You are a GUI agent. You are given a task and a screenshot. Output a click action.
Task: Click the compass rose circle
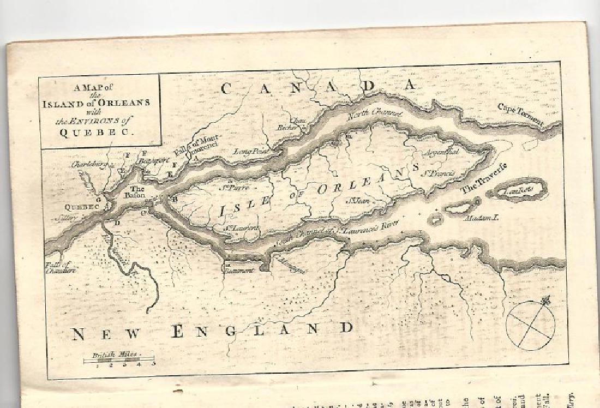coord(530,326)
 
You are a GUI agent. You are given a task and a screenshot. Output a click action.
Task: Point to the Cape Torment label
coord(520,114)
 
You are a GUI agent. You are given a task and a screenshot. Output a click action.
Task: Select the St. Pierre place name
coord(235,188)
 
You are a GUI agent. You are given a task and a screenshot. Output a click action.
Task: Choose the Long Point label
coord(249,151)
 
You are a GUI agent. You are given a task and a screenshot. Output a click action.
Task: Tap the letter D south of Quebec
coord(116,223)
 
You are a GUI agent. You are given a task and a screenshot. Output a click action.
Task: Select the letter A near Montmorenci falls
coord(196,158)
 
